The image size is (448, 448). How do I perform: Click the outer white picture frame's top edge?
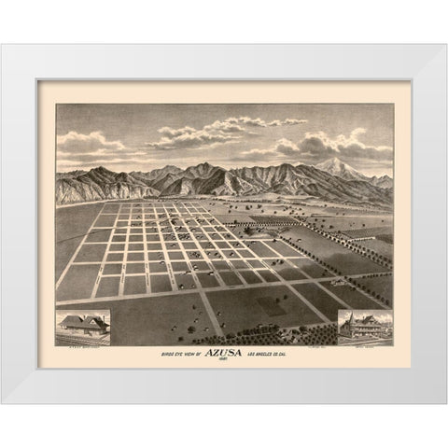click(x=224, y=52)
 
